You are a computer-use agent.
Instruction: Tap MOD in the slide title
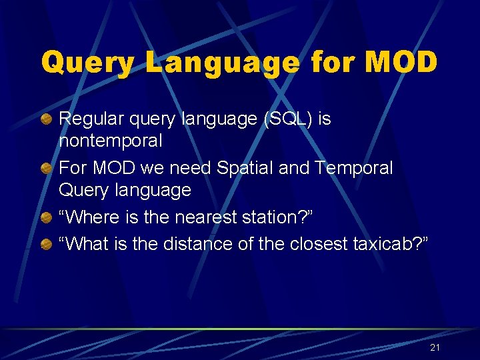click(x=400, y=63)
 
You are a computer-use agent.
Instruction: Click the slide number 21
click(x=435, y=347)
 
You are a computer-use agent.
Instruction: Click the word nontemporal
click(x=111, y=141)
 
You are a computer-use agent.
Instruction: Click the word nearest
click(x=214, y=217)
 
